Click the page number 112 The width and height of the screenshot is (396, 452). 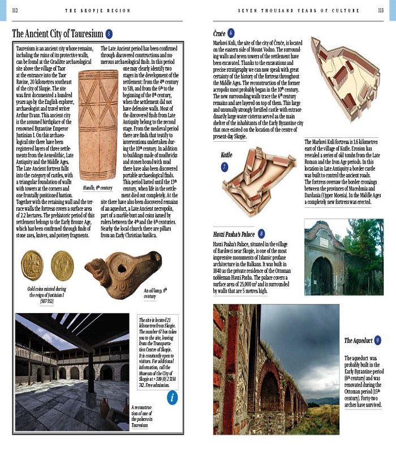(15, 10)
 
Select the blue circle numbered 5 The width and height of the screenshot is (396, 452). (109, 34)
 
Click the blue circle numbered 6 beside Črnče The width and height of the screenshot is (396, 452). (231, 33)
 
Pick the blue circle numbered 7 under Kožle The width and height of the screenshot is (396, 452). (225, 167)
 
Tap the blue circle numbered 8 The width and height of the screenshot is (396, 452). (261, 233)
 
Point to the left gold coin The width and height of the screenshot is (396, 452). (32, 266)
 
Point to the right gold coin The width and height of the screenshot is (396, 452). (62, 266)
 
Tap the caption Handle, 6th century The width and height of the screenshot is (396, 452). (98, 188)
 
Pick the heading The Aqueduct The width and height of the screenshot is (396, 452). (359, 341)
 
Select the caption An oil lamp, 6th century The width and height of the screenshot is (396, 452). (156, 293)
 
